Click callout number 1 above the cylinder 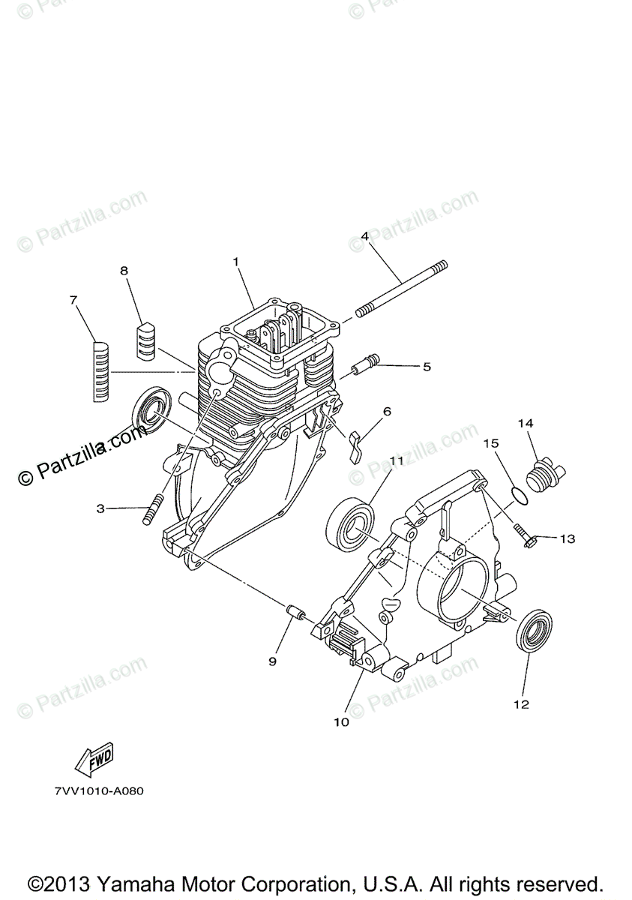[x=235, y=262]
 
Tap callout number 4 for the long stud [x=364, y=236]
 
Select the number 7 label [x=73, y=300]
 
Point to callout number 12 [x=521, y=704]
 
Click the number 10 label [x=341, y=722]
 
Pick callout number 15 [x=491, y=443]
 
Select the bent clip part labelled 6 [x=355, y=445]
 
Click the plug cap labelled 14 [x=544, y=475]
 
